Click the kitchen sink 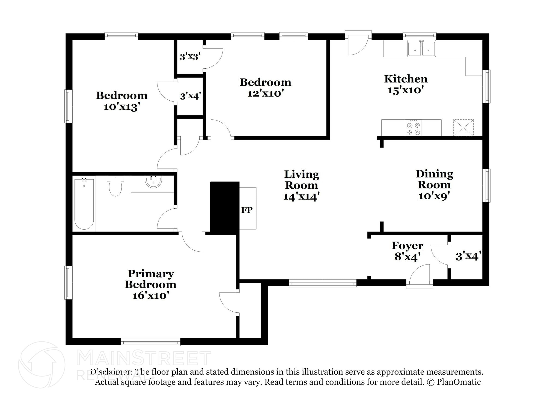422,49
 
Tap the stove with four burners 413,128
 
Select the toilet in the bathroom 115,186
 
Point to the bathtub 84,204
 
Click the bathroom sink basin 153,182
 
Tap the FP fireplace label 247,210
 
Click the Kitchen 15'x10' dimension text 406,90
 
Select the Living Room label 302,180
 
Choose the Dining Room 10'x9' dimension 434,196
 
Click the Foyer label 408,246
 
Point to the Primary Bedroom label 151,279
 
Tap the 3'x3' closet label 190,56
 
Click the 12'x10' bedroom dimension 265,94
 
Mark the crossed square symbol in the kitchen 463,128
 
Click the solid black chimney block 225,208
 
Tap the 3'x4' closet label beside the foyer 468,256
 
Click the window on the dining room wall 486,185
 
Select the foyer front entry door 419,276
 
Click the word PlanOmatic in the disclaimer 459,382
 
